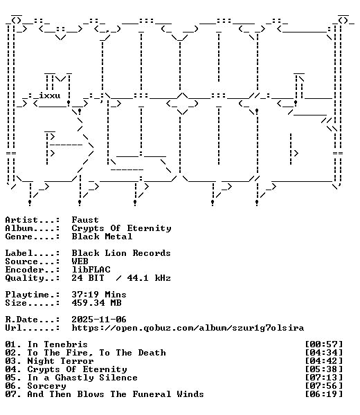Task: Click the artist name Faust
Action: click(85, 220)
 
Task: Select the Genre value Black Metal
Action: click(102, 237)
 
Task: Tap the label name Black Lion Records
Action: click(121, 253)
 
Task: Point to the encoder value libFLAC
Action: click(91, 270)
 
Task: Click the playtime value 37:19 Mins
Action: click(99, 295)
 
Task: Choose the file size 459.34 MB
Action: click(96, 302)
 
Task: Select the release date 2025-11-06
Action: click(99, 319)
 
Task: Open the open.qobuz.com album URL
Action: click(188, 328)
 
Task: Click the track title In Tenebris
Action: click(57, 344)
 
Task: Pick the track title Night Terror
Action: click(60, 361)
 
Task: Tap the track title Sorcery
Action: click(46, 386)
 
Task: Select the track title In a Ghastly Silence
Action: click(82, 378)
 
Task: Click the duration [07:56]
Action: click(324, 386)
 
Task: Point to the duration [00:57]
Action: click(324, 344)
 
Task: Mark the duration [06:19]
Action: click(324, 394)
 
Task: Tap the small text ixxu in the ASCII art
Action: click(50, 95)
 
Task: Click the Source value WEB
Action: click(80, 261)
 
